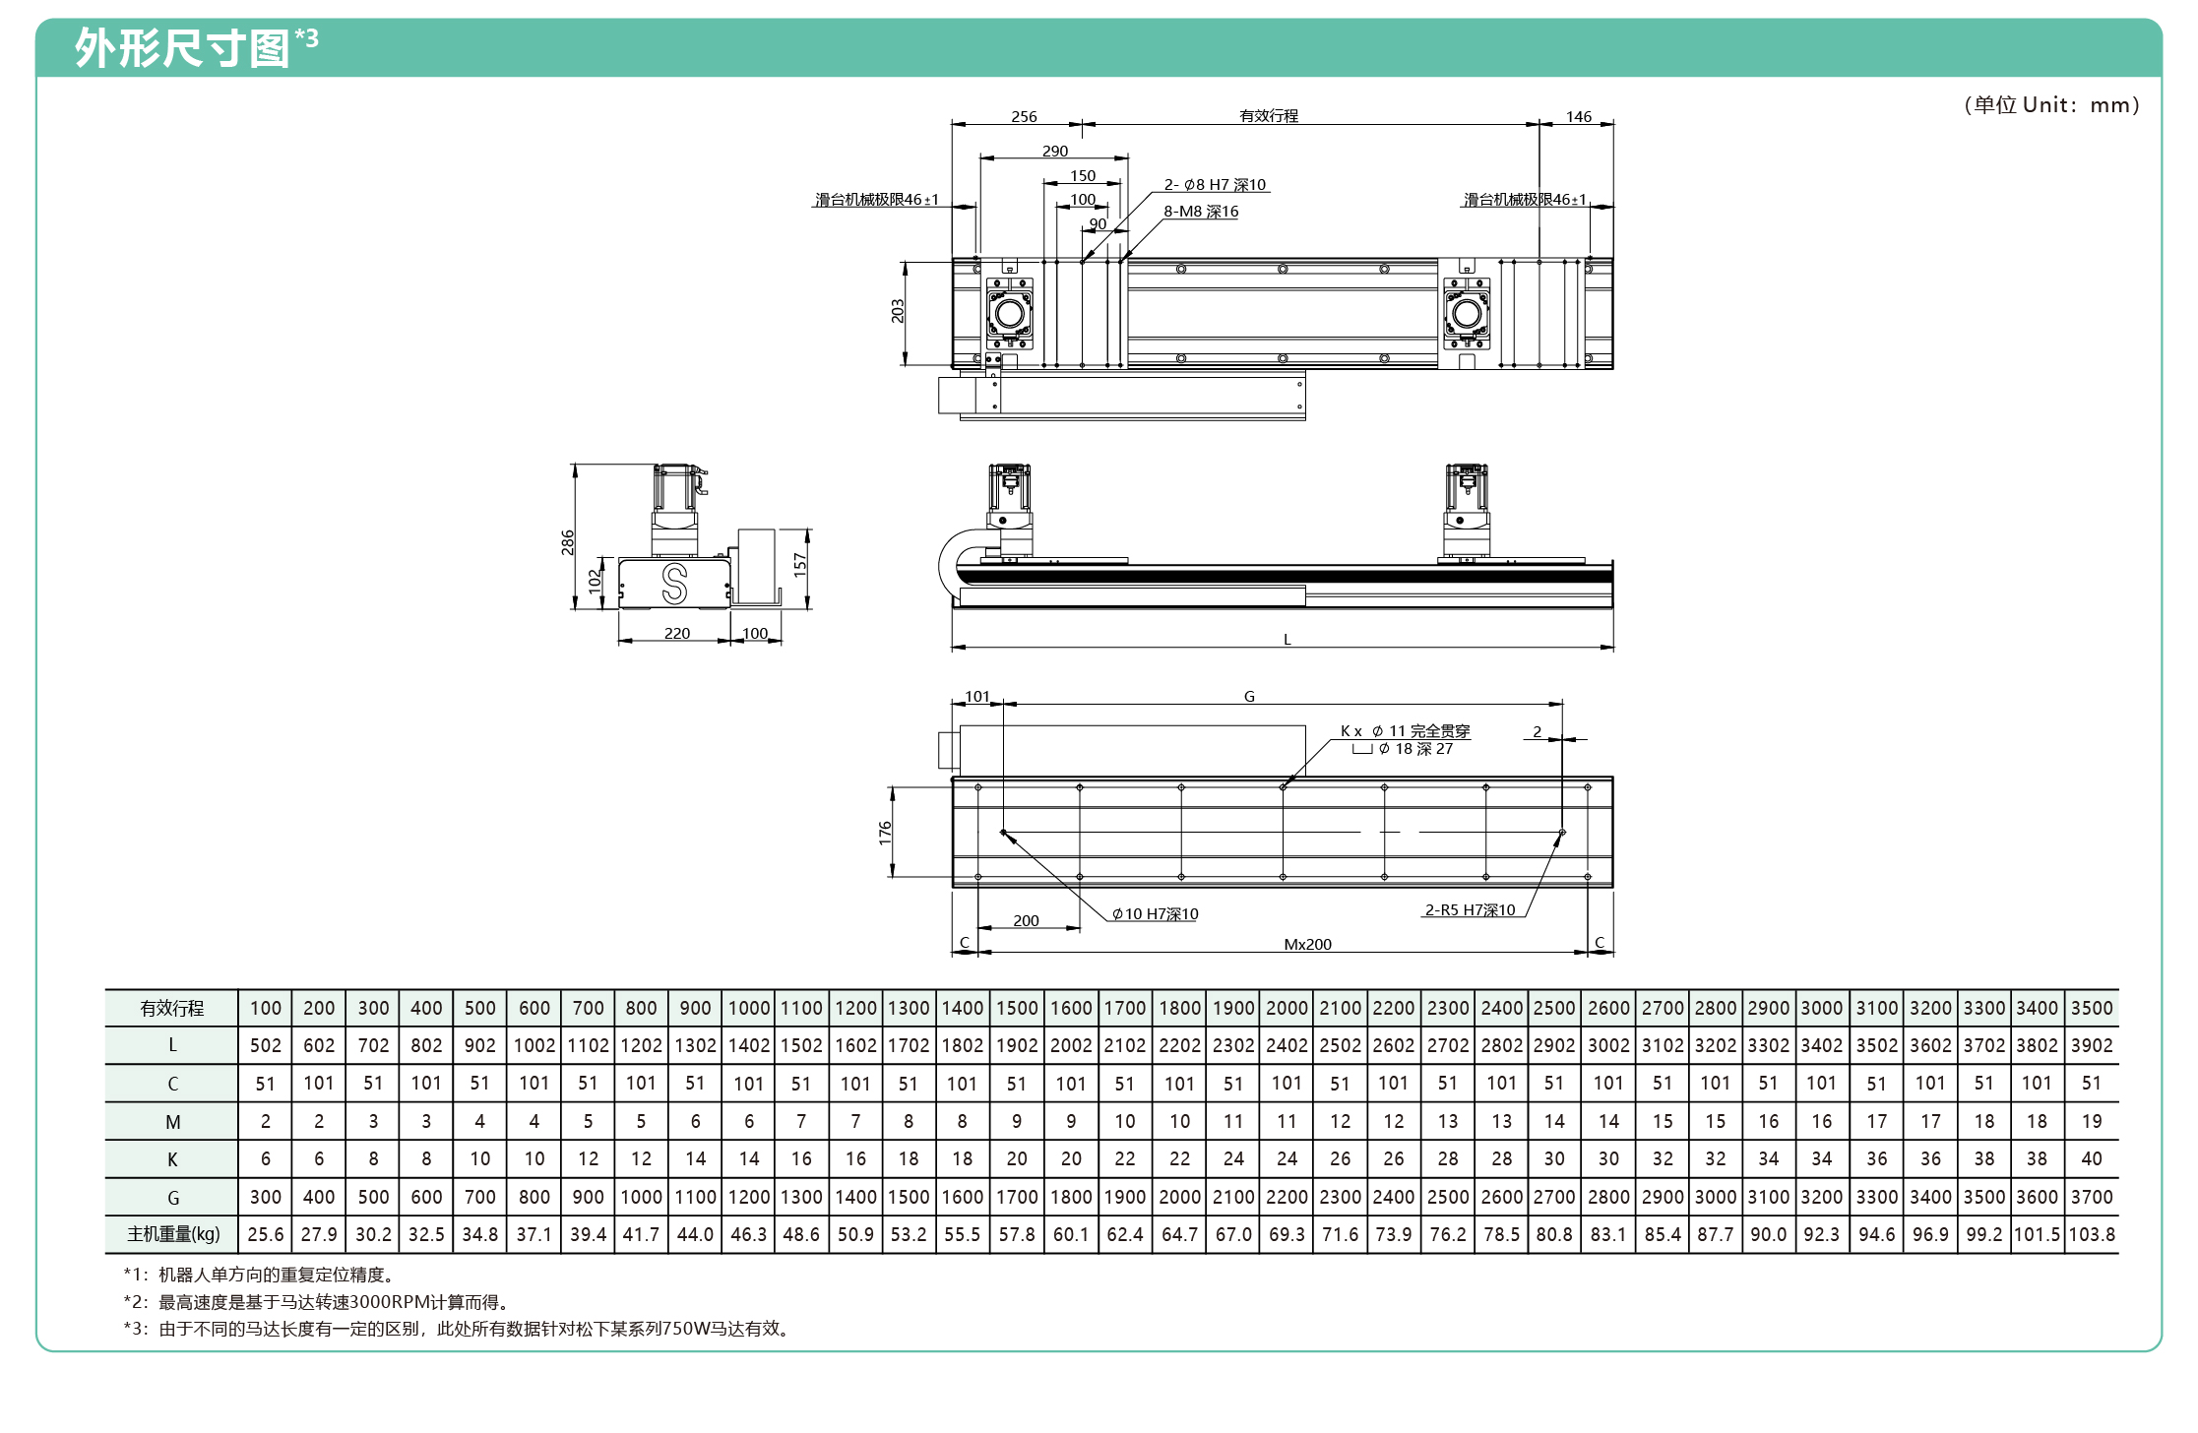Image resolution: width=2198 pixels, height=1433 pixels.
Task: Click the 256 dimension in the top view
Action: pos(1024,116)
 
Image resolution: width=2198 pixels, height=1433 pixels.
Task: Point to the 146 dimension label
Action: pos(1579,116)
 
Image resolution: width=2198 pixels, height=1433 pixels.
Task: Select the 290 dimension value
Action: pos(1055,151)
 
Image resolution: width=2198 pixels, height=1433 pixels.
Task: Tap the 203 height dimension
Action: pos(897,311)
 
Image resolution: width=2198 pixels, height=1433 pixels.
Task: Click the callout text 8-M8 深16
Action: pos(1201,212)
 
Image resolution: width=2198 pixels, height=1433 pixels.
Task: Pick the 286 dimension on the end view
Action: pos(568,542)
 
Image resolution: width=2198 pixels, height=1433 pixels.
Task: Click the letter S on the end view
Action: pos(674,584)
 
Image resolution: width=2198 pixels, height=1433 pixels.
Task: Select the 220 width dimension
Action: pos(677,633)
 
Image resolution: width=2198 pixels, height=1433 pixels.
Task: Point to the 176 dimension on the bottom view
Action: pos(885,833)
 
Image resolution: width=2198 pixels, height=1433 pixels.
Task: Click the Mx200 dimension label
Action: pos(1308,944)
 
